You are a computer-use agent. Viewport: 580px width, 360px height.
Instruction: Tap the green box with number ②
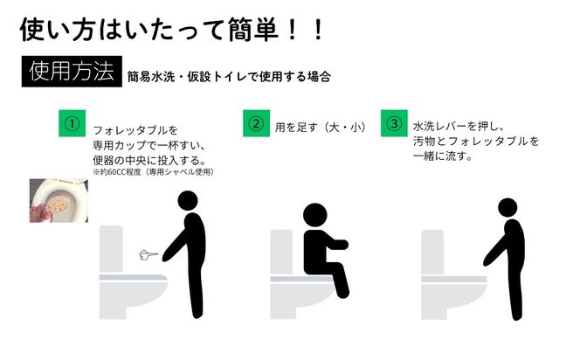click(x=255, y=123)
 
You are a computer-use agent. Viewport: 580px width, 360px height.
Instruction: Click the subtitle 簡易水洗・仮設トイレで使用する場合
click(x=228, y=77)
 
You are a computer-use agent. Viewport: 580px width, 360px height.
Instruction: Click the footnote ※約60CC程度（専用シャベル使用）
click(x=153, y=171)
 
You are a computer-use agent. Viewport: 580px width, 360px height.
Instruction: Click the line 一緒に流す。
click(x=443, y=156)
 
